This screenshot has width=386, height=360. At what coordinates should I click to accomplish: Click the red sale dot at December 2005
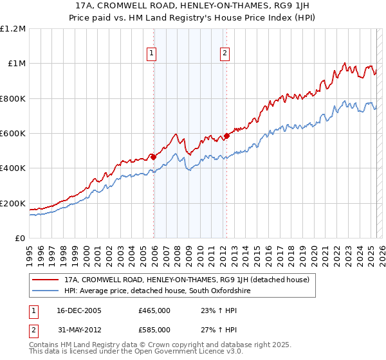click(153, 156)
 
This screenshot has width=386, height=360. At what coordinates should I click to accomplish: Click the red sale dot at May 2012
click(226, 136)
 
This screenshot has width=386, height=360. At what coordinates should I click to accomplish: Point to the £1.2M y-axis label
click(13, 28)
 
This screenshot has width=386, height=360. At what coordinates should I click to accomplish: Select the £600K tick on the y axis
click(13, 133)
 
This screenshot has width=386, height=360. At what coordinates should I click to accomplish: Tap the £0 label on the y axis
click(20, 238)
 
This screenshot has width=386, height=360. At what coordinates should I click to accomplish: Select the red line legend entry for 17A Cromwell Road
click(187, 280)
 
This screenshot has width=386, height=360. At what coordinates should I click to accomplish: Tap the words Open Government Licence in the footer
click(156, 353)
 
